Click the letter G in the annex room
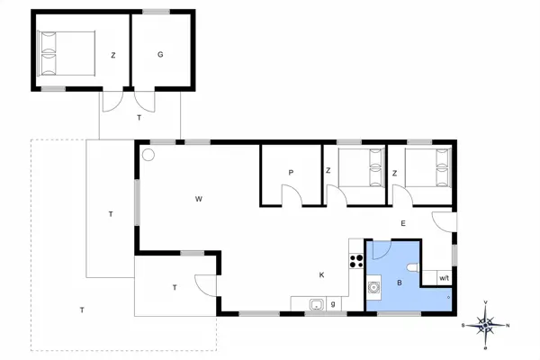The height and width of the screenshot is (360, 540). [x=159, y=55]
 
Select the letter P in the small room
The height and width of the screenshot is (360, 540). [x=292, y=172]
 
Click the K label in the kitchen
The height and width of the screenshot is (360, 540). [x=320, y=274]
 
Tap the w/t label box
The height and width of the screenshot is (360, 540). [x=444, y=278]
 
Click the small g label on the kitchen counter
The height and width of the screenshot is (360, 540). [x=333, y=303]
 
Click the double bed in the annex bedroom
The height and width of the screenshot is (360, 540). [x=66, y=53]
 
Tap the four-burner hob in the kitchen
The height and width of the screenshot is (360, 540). [x=355, y=262]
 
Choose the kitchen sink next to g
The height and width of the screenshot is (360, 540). [x=317, y=304]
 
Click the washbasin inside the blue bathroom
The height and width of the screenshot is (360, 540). [x=373, y=288]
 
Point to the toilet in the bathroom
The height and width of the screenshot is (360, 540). [x=412, y=267]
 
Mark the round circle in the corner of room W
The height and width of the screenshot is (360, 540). [x=149, y=155]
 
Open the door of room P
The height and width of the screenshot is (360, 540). [x=292, y=195]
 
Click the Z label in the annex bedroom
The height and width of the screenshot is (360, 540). [x=113, y=55]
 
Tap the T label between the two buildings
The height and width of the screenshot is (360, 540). [x=139, y=118]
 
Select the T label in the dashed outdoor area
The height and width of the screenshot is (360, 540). [x=81, y=310]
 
